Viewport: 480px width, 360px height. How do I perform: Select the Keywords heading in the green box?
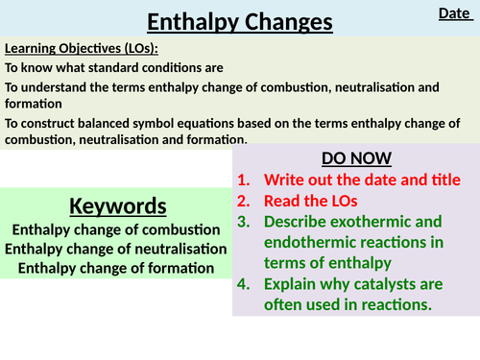[x=117, y=205]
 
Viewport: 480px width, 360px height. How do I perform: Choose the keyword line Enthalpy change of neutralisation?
[x=117, y=249]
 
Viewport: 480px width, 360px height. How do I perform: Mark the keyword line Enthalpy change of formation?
[x=117, y=268]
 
